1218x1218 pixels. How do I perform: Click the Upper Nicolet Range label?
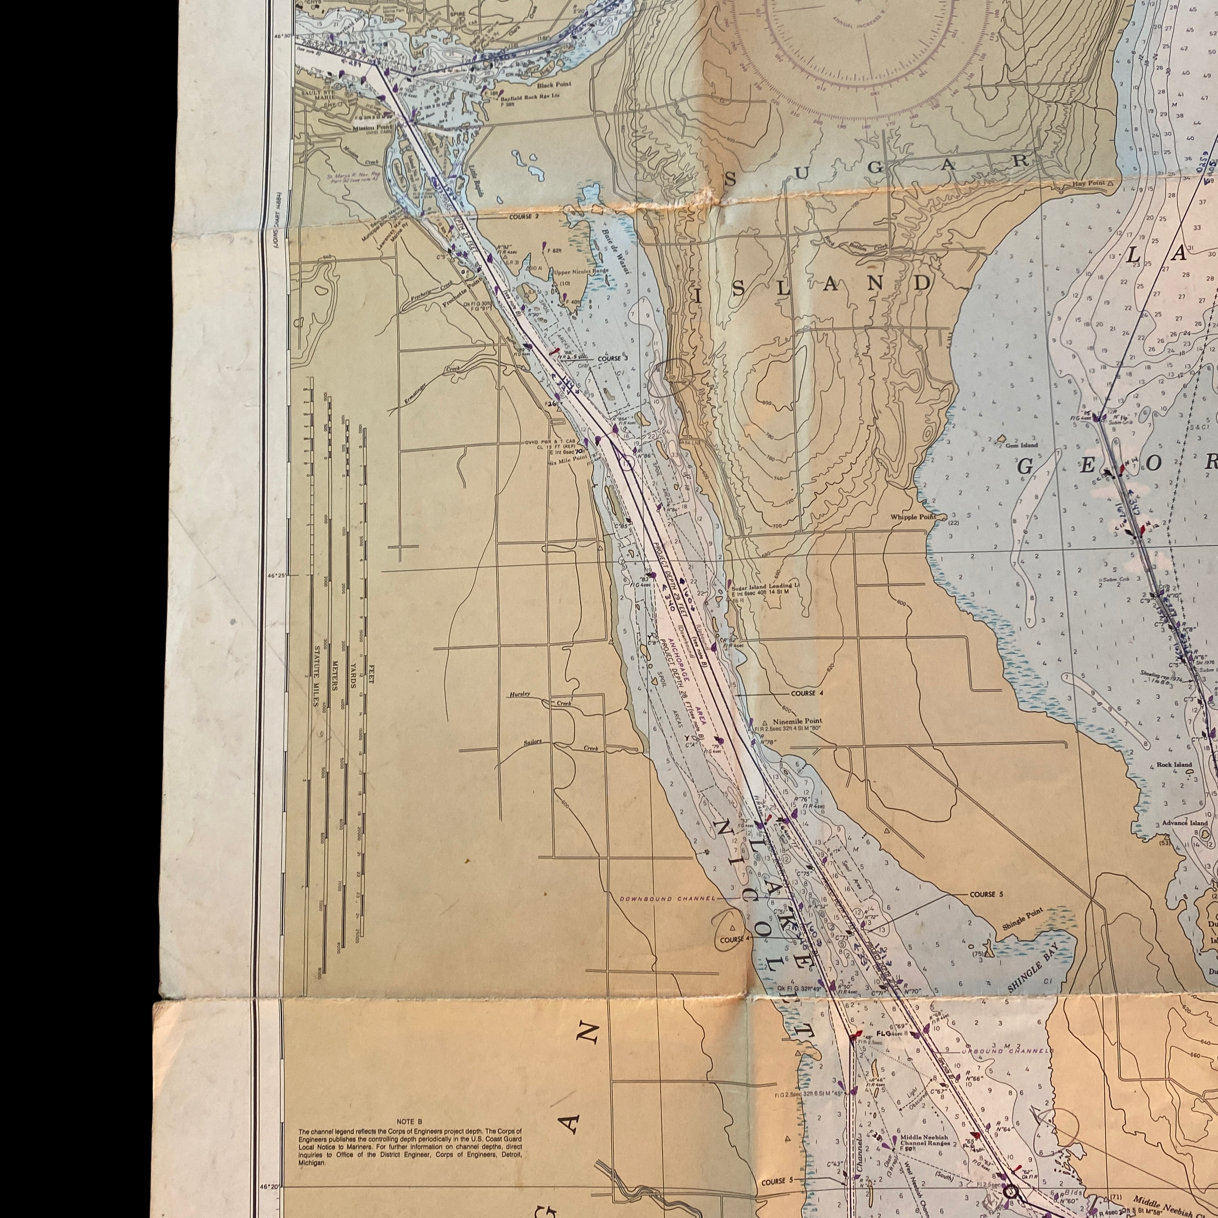pos(581,272)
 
